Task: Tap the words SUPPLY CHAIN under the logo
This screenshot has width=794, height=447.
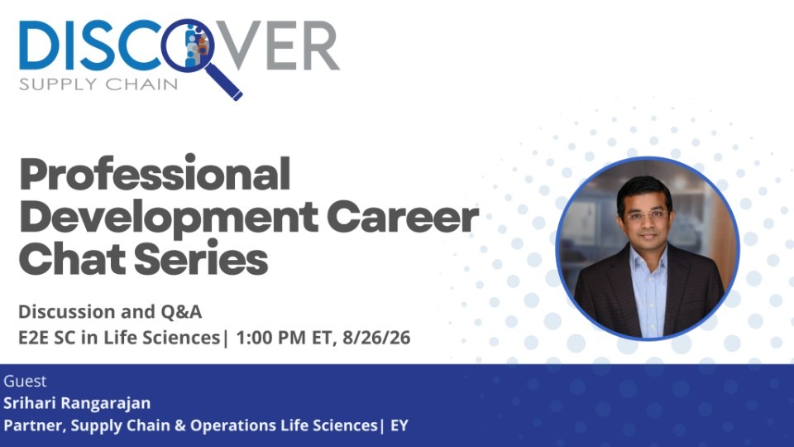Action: (98, 84)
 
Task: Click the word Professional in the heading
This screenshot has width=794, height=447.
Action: (155, 174)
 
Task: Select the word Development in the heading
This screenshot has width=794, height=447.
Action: (169, 218)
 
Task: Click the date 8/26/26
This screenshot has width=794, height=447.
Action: (376, 338)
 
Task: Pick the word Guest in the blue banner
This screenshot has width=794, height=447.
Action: (25, 381)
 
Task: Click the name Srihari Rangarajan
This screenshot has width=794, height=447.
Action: (77, 403)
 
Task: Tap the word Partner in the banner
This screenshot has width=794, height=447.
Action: (35, 425)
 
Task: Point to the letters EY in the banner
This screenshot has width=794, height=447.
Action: (399, 425)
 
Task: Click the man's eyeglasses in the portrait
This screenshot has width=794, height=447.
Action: (647, 215)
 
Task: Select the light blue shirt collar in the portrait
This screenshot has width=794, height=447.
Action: (648, 256)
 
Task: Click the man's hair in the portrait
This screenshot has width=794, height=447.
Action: (645, 190)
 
